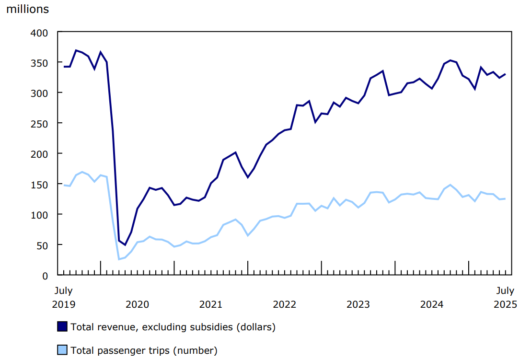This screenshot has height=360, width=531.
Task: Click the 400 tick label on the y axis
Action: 40,32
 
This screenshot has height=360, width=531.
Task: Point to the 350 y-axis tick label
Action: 40,63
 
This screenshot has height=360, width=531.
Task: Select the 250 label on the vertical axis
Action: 40,123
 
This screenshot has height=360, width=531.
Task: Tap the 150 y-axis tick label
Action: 40,184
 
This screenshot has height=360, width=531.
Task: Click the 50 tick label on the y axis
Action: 43,245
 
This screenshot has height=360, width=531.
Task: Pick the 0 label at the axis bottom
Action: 46,276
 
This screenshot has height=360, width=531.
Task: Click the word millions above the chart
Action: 27,9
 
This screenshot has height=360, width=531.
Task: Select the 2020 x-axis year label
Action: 137,304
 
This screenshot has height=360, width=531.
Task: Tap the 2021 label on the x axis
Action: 211,304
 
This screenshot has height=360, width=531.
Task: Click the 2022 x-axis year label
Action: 285,304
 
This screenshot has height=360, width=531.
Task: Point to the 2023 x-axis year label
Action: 358,304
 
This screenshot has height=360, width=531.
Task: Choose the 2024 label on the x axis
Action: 432,304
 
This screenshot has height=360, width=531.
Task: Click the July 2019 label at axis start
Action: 63,297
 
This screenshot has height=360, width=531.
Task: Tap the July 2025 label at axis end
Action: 505,297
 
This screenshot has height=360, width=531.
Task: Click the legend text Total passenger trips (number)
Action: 144,350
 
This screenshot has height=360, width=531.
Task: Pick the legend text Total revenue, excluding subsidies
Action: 173,327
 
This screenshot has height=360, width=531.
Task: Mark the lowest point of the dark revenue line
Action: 125,245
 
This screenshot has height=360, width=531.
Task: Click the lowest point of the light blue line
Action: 119,259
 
